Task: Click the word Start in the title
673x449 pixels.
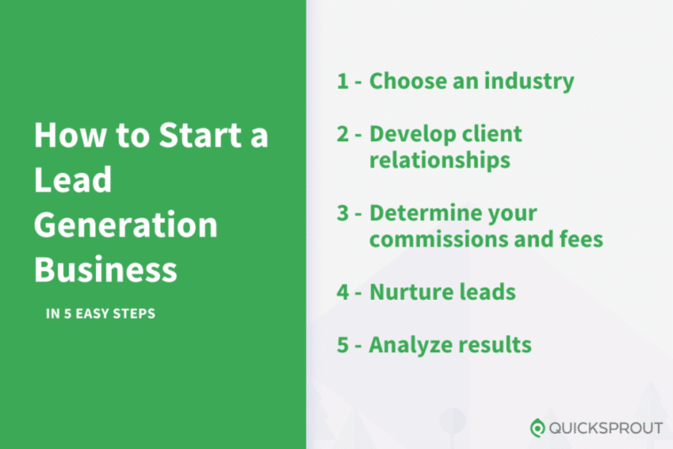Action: [200, 135]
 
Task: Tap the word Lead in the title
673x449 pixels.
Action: [73, 179]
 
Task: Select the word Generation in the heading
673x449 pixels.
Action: [126, 224]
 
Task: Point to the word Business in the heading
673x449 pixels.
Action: [106, 270]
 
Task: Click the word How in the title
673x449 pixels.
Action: [70, 135]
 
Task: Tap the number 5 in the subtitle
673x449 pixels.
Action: [67, 313]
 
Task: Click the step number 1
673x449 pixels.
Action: [342, 81]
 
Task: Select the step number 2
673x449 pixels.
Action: [343, 134]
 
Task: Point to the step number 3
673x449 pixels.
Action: [343, 213]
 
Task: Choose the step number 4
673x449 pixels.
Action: [343, 292]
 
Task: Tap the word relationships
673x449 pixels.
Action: [440, 161]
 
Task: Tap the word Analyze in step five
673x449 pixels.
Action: [408, 345]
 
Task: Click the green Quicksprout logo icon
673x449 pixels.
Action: [537, 428]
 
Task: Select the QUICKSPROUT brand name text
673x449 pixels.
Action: [606, 428]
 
